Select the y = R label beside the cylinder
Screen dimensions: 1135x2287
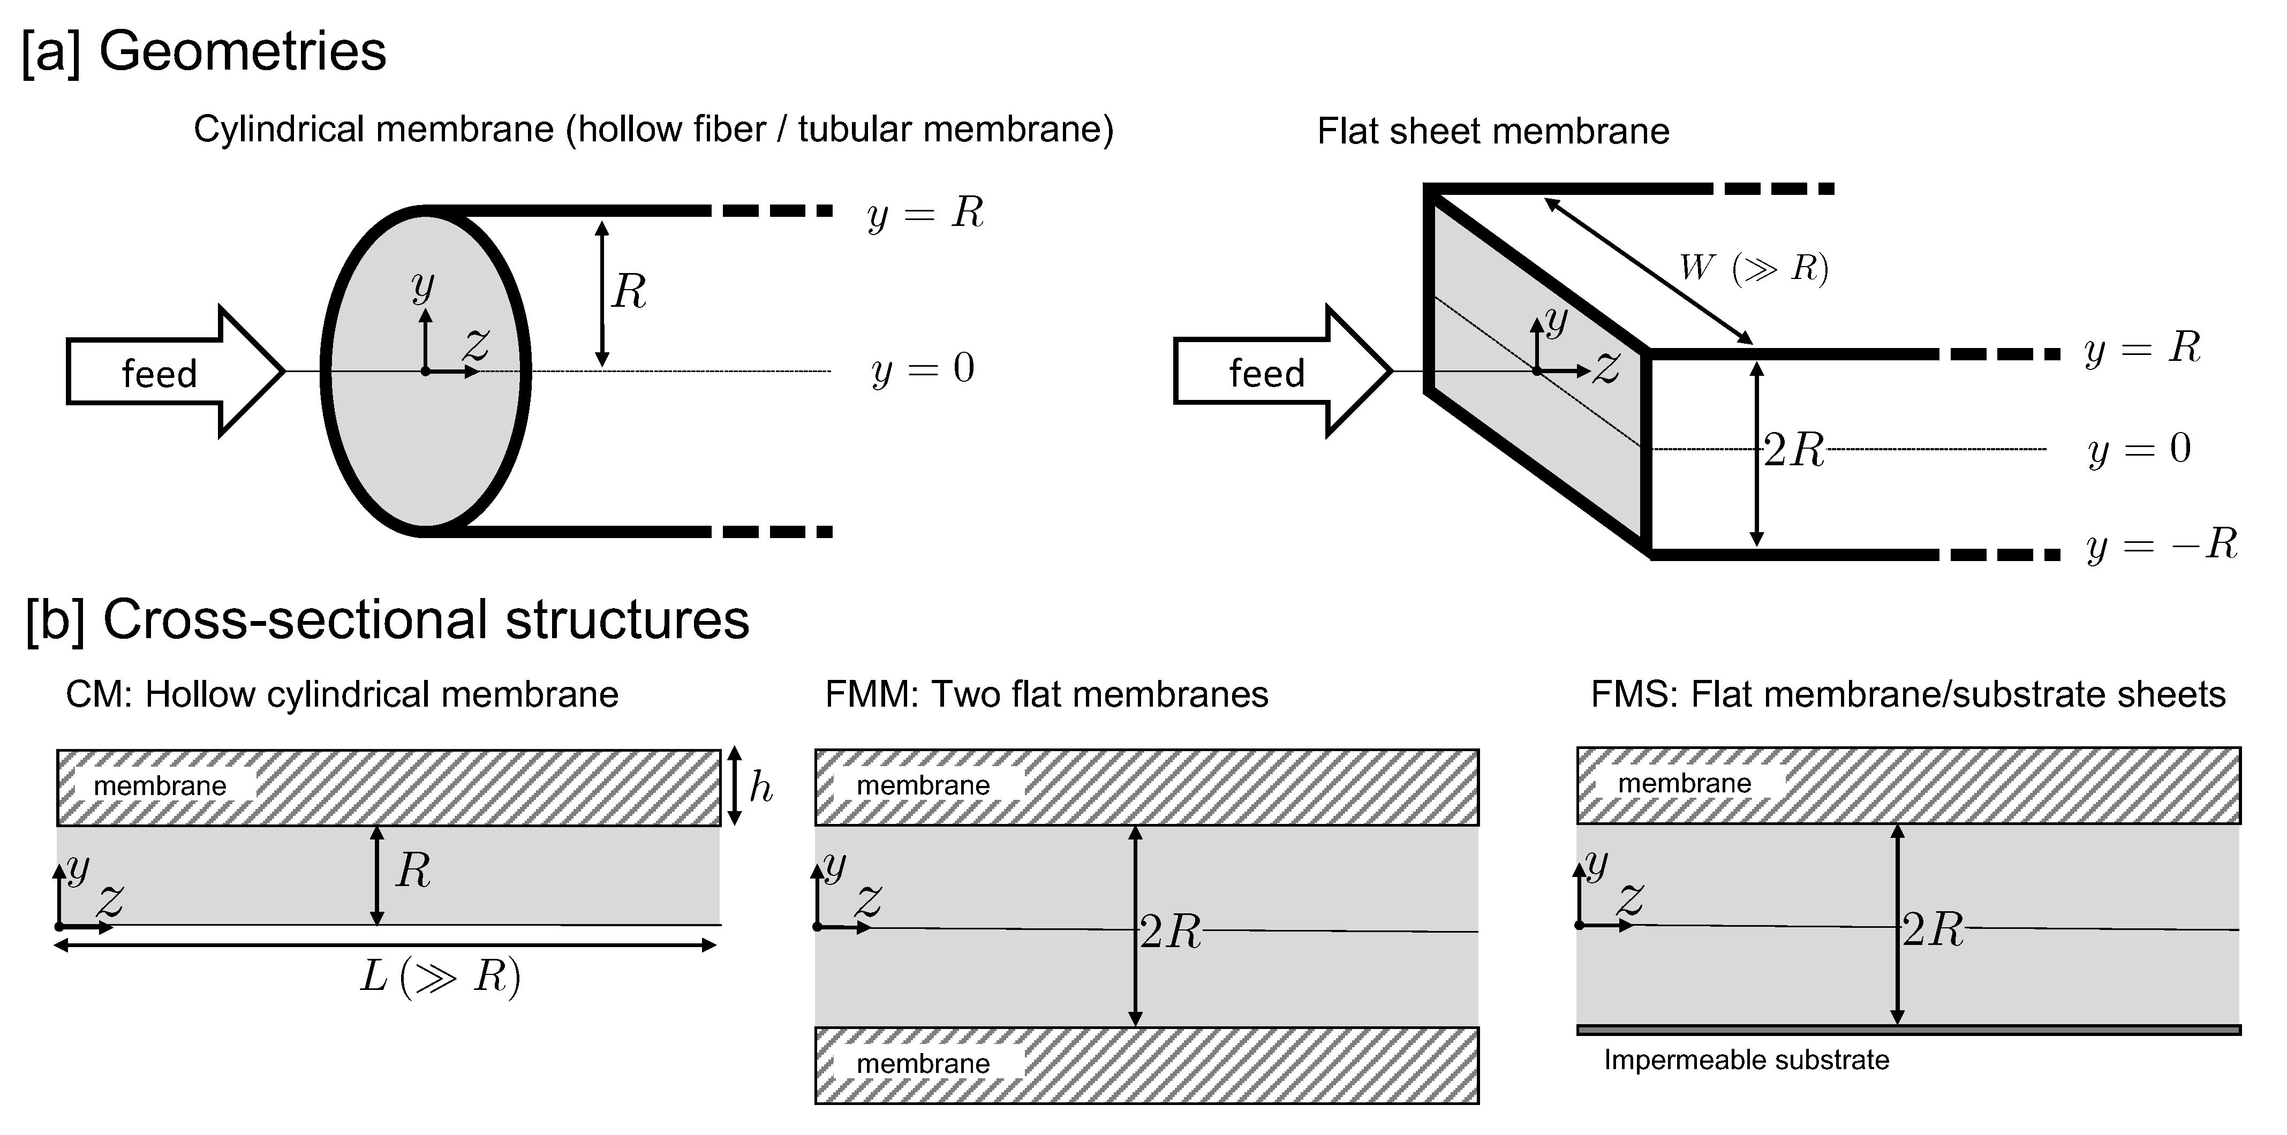pos(925,213)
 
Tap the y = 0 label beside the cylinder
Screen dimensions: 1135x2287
pos(923,368)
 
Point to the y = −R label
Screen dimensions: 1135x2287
pos(2161,544)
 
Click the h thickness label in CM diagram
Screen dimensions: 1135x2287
pos(761,787)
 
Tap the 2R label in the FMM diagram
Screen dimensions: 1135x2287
pos(1170,932)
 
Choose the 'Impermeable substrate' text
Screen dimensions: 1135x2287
pos(1746,1060)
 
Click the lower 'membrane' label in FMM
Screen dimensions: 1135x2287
pos(923,1063)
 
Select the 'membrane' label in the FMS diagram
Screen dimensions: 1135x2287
pos(1684,783)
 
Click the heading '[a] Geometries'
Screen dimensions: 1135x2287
pos(204,51)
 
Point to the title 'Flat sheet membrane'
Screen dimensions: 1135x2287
pos(1492,131)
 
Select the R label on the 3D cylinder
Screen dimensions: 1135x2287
pos(629,291)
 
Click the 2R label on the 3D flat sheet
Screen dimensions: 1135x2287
pos(1793,451)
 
